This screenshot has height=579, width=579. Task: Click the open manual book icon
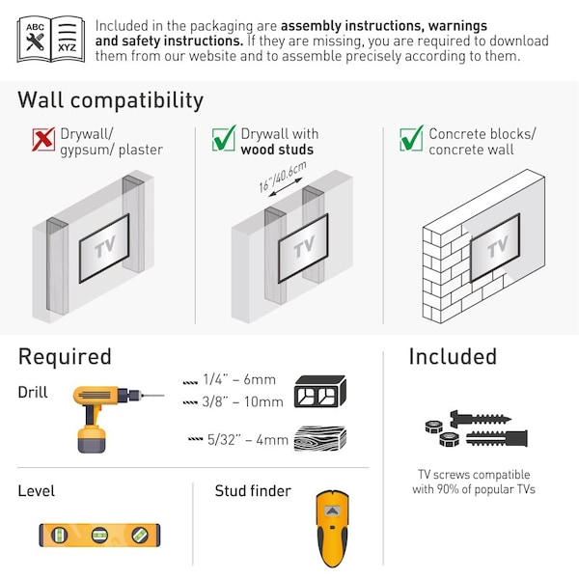tap(51, 39)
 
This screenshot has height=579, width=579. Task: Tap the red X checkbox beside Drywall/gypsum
tap(43, 140)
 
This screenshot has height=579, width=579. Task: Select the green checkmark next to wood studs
tap(224, 140)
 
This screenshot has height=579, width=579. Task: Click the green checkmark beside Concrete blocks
tap(411, 140)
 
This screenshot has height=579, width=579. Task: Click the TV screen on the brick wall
tap(494, 247)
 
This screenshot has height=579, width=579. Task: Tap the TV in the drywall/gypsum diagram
tap(104, 249)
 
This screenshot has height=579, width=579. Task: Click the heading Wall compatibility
tap(111, 100)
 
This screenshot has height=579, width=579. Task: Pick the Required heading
tap(65, 357)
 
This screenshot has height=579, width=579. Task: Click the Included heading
tap(453, 357)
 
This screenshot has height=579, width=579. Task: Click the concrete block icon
tap(319, 390)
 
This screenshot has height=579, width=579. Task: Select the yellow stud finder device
tap(332, 528)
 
